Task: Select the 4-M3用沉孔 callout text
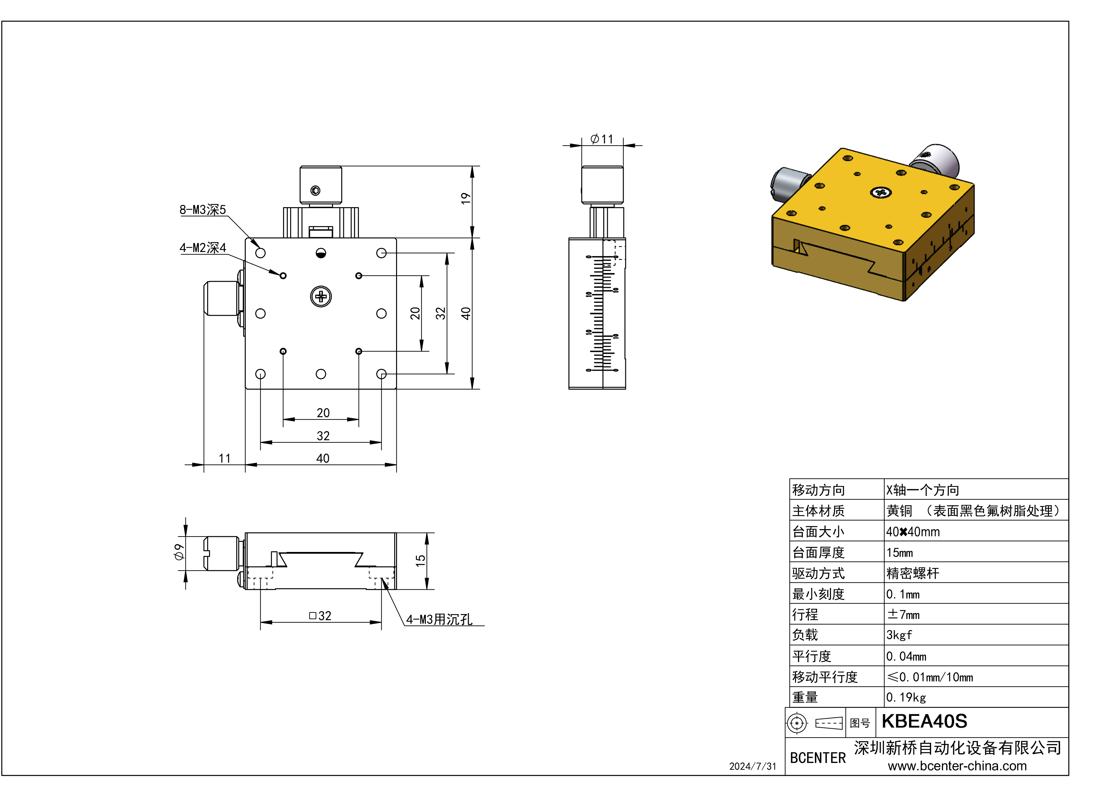click(439, 620)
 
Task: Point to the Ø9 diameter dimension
click(179, 552)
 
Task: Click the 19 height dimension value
click(465, 198)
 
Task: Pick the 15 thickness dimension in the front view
click(420, 561)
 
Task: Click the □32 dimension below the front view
click(320, 616)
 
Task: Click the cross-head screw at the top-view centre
click(321, 297)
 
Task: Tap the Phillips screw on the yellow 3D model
click(881, 193)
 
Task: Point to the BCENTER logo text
click(818, 758)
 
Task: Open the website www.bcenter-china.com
click(957, 766)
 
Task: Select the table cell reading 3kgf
click(899, 635)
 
